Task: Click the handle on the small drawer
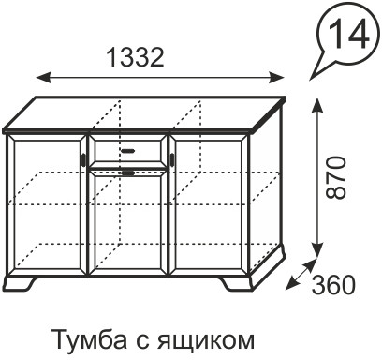(x=128, y=147)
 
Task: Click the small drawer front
(x=128, y=147)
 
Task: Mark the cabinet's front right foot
(x=239, y=280)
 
